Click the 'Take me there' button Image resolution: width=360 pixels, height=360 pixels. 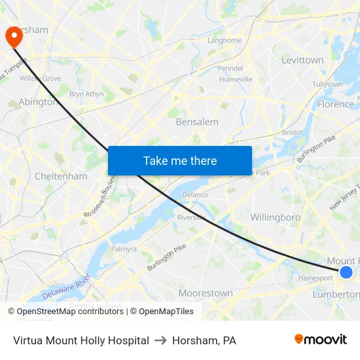pos(180,160)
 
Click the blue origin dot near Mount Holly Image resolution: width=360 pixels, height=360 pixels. pos(346,272)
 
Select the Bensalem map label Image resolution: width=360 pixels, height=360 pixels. pos(197,122)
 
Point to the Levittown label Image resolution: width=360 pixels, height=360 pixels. pos(302,60)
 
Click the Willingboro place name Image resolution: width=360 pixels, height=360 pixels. pos(275,217)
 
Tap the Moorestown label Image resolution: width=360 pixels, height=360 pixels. pos(206,293)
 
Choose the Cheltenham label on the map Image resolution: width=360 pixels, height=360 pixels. pos(61,176)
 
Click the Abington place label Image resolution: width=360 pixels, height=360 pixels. pos(38,101)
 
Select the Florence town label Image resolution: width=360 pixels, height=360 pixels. pos(335,104)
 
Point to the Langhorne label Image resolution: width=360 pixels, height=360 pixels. pos(225,40)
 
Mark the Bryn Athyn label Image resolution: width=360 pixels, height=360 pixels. pos(86,94)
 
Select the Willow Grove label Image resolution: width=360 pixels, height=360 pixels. pos(40,79)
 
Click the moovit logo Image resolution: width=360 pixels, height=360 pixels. pos(320,339)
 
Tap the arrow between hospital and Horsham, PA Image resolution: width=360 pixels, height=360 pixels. pos(160,340)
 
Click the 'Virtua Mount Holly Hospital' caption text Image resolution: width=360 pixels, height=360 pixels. pos(81,340)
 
